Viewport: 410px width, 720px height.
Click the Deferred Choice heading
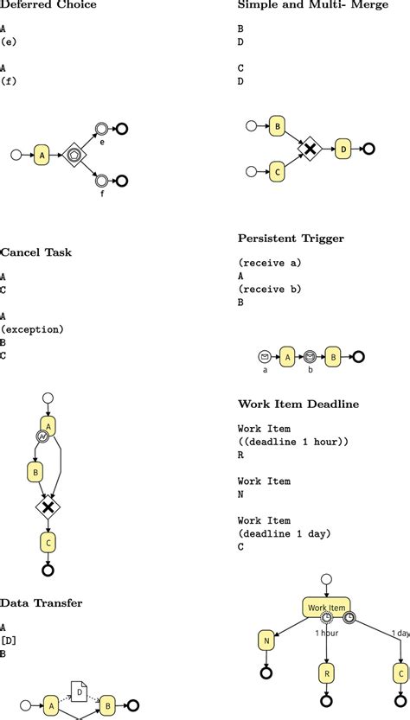coord(48,5)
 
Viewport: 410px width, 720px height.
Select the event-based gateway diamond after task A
coord(75,156)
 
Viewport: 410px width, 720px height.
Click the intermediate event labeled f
coord(101,181)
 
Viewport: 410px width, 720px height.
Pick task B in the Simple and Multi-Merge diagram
coord(278,126)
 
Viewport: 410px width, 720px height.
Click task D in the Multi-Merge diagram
coord(343,149)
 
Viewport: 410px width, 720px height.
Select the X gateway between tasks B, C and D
coord(310,149)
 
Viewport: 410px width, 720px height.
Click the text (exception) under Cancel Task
coord(33,329)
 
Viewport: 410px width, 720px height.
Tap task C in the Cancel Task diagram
coord(48,542)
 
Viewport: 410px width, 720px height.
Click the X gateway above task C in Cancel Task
coord(48,506)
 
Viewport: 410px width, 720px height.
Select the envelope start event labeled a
coord(265,356)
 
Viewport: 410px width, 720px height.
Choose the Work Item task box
coord(326,608)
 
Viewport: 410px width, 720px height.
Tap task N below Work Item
coord(266,640)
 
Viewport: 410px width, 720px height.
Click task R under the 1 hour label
coord(326,671)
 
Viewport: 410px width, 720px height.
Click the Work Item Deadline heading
coord(298,405)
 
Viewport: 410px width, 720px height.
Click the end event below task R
coord(326,701)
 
